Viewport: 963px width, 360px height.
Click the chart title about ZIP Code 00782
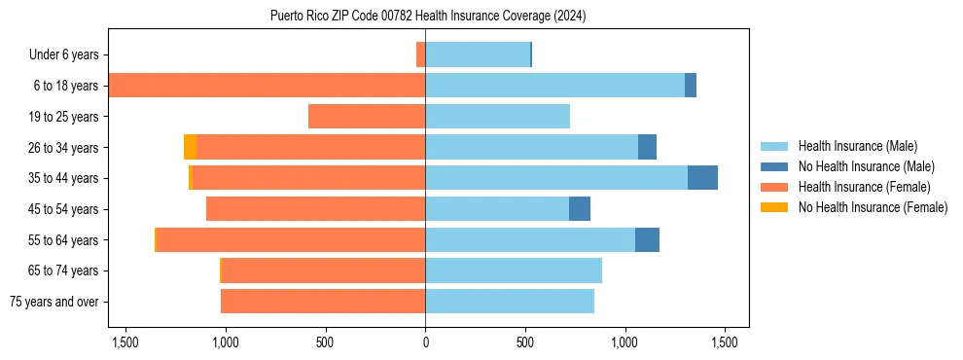point(428,16)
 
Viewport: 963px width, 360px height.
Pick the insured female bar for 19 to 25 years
point(367,117)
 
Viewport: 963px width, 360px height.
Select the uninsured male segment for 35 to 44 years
point(702,178)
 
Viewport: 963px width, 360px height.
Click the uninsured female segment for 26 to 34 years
point(190,147)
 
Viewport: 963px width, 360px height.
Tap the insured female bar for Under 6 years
point(420,54)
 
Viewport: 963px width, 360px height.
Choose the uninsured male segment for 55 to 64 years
point(647,239)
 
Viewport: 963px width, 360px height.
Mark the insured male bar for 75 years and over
point(510,302)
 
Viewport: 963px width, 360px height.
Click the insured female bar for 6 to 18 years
point(267,86)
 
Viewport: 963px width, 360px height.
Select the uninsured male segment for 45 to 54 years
point(580,209)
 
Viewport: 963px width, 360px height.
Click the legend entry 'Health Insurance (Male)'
point(857,146)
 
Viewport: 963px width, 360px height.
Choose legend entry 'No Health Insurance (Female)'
point(873,207)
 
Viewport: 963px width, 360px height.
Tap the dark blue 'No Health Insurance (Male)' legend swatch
point(775,166)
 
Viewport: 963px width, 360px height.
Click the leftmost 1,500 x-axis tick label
point(125,342)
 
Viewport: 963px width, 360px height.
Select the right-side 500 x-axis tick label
point(524,342)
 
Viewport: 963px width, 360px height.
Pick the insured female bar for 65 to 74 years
point(324,270)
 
